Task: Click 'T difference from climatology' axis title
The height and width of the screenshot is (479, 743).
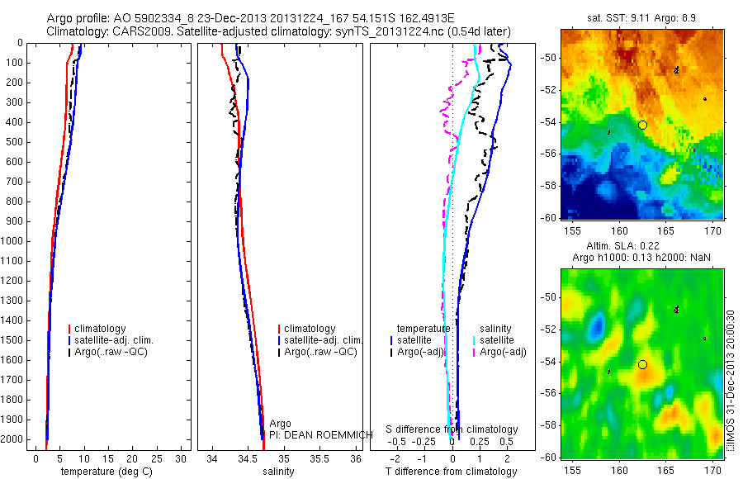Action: (452, 472)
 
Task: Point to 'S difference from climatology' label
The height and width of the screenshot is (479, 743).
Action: (452, 429)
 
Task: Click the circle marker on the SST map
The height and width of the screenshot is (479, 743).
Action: (642, 125)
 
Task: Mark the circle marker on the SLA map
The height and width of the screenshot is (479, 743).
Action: (642, 364)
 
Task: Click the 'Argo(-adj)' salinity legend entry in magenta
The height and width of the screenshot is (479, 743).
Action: (503, 353)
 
